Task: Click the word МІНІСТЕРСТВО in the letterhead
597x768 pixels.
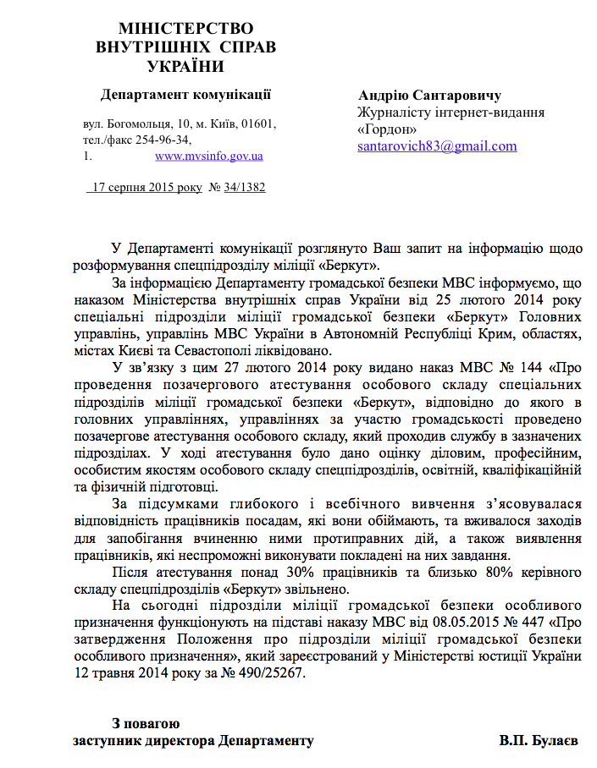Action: [185, 29]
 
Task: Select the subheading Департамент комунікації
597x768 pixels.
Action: [185, 94]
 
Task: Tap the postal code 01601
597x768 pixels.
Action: [258, 123]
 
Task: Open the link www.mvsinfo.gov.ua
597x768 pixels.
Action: [208, 156]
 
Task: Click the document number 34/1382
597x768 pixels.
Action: [245, 187]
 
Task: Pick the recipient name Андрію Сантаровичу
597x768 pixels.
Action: [429, 95]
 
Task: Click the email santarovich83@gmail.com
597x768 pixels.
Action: [436, 145]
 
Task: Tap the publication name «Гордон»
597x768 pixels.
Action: [387, 129]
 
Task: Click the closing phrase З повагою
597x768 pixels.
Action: [146, 723]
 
